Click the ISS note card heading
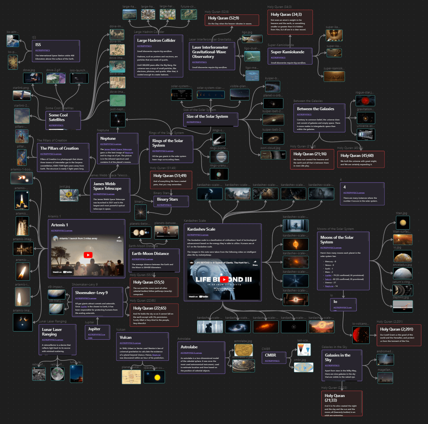click(x=38, y=45)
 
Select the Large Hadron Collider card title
click(x=156, y=40)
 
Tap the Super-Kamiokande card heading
click(x=288, y=52)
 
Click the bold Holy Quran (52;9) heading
click(x=224, y=18)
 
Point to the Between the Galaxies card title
click(x=315, y=109)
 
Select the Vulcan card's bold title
click(x=126, y=337)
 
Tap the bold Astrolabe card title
click(x=189, y=347)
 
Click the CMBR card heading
click(x=271, y=355)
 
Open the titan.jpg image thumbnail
click(x=403, y=222)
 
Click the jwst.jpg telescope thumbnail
click(x=69, y=195)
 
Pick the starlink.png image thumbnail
click(x=22, y=95)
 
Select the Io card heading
click(x=335, y=301)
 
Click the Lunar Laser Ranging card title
click(x=52, y=331)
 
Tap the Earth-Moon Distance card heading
click(x=150, y=253)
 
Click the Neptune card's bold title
click(x=108, y=139)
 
